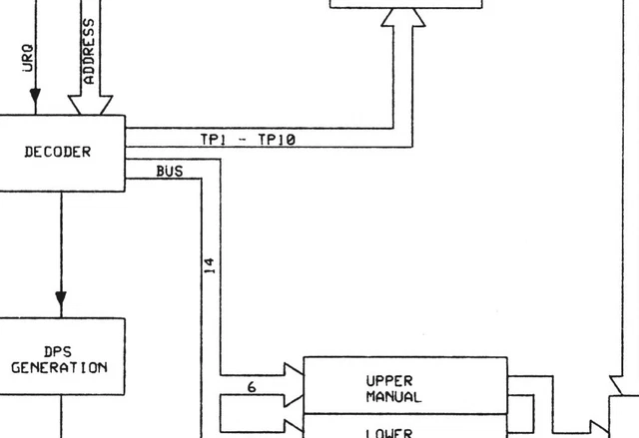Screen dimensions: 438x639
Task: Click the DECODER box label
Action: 57,153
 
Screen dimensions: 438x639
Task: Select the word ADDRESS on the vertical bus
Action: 89,50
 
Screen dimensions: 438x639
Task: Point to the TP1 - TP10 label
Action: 248,141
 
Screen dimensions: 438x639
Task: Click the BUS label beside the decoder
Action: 170,172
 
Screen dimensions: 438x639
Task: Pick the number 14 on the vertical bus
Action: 210,265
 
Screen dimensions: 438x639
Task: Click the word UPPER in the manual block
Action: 389,381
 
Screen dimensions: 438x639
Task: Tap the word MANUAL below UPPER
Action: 393,397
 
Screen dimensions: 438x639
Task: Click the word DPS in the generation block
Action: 59,351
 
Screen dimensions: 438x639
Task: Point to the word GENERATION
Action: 59,367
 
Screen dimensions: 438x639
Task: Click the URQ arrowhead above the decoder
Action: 35,96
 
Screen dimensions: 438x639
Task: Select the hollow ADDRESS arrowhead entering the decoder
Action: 90,105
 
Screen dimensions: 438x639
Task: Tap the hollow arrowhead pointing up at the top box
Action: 404,17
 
